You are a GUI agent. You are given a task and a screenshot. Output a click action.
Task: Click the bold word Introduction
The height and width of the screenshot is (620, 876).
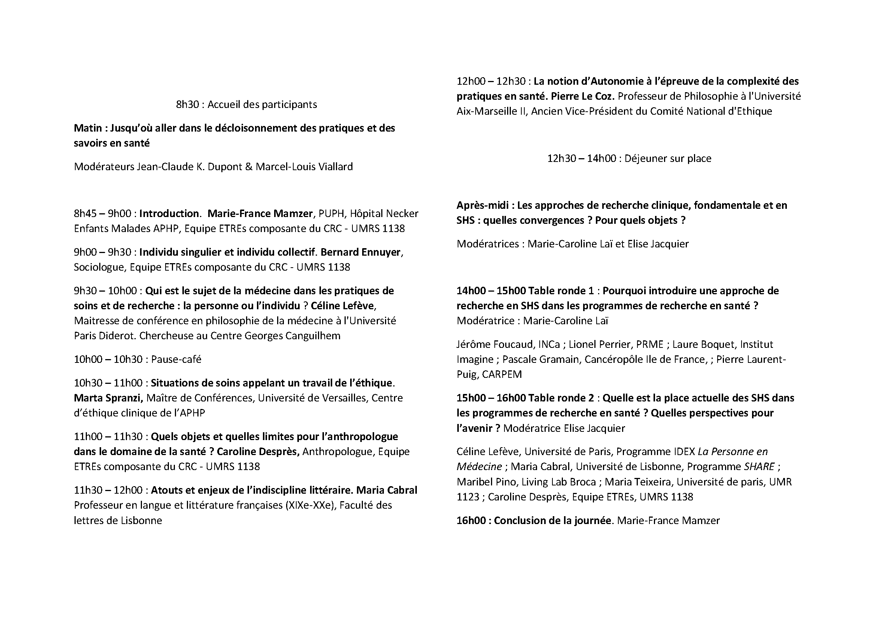(169, 213)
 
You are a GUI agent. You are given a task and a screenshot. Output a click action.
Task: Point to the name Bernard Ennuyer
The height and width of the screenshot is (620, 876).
(361, 252)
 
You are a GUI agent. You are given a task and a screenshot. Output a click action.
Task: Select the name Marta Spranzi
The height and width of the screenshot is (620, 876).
(108, 398)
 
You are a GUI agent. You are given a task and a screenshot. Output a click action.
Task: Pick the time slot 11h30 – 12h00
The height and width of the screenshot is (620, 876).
(108, 490)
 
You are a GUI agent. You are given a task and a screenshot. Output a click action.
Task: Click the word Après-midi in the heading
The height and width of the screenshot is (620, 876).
(482, 205)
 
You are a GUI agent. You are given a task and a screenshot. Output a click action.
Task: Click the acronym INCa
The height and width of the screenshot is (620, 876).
(549, 344)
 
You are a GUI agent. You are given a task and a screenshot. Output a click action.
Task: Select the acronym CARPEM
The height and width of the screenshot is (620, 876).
(502, 374)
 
